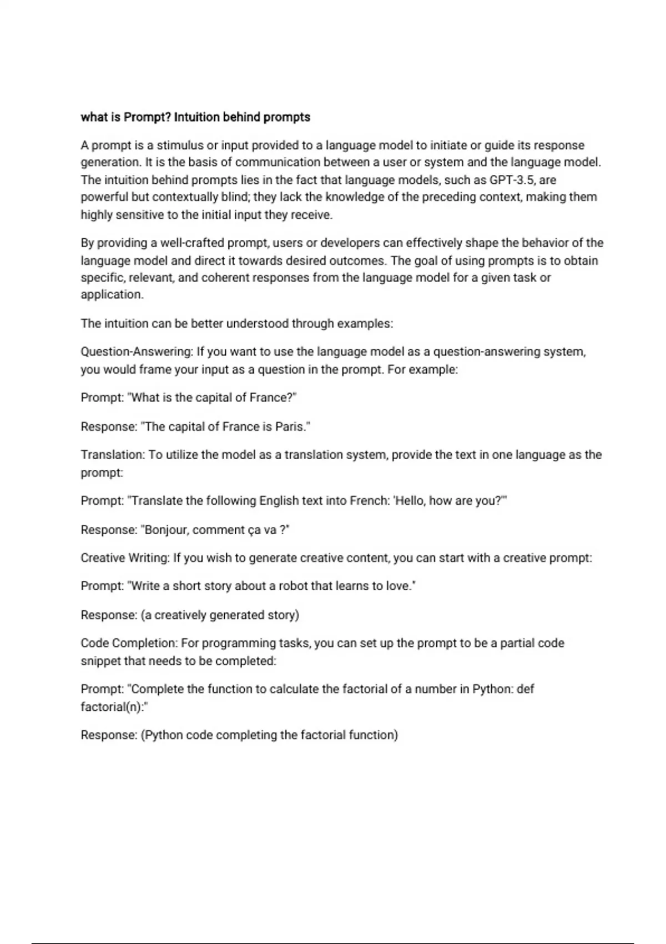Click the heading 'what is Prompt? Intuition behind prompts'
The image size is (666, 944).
click(x=195, y=117)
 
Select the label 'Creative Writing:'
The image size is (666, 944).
click(x=125, y=558)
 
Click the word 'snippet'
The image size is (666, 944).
click(x=100, y=661)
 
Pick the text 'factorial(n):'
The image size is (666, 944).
click(x=114, y=707)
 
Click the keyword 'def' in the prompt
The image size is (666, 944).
click(x=525, y=689)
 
